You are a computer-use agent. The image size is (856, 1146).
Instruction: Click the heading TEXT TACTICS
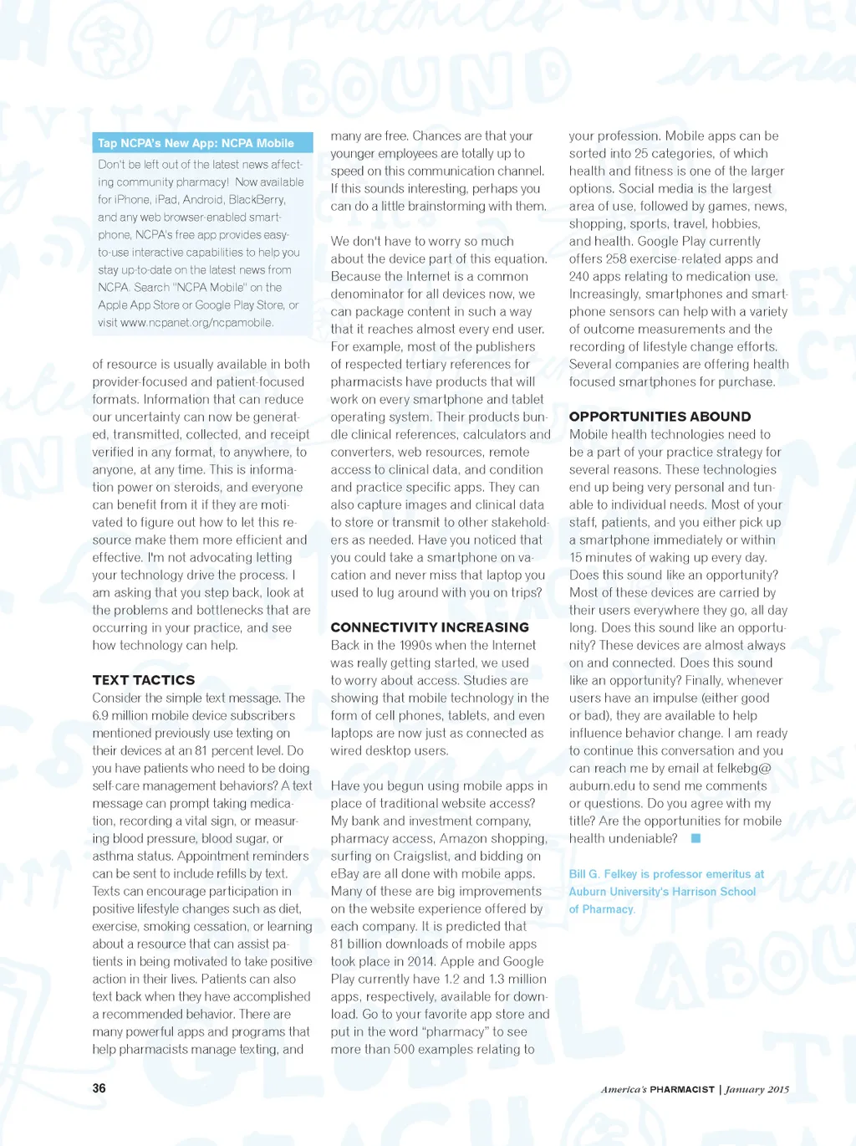click(144, 680)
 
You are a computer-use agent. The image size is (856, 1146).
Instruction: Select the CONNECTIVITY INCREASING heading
click(430, 627)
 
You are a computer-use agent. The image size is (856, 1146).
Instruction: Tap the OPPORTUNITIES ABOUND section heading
click(660, 417)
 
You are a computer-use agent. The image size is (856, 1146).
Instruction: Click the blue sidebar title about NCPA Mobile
click(196, 143)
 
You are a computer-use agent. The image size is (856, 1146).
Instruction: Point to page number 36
click(99, 1088)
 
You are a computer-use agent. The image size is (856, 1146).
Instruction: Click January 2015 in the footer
click(757, 1089)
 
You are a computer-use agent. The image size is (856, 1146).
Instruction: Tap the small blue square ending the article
click(695, 838)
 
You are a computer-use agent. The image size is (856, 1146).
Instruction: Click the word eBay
click(344, 873)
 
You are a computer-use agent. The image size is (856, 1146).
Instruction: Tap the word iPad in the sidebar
click(166, 200)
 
